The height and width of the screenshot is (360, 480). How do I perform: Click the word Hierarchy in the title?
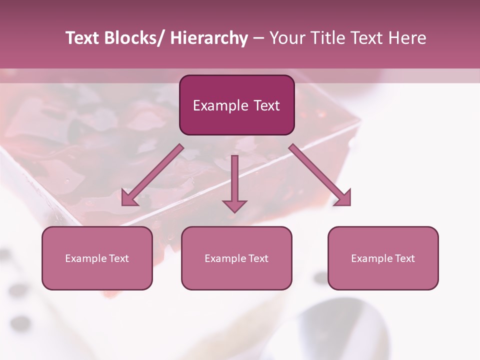pyautogui.click(x=209, y=38)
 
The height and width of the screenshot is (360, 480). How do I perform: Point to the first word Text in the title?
pyautogui.click(x=82, y=38)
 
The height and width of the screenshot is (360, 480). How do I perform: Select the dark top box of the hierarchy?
pyautogui.click(x=236, y=105)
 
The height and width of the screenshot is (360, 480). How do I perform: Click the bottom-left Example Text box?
pyautogui.click(x=97, y=258)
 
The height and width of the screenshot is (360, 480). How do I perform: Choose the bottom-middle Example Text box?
pyautogui.click(x=236, y=258)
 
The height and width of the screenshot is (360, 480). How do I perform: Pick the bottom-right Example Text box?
pyautogui.click(x=383, y=258)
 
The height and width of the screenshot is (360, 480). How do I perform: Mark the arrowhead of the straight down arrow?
pyautogui.click(x=234, y=206)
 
